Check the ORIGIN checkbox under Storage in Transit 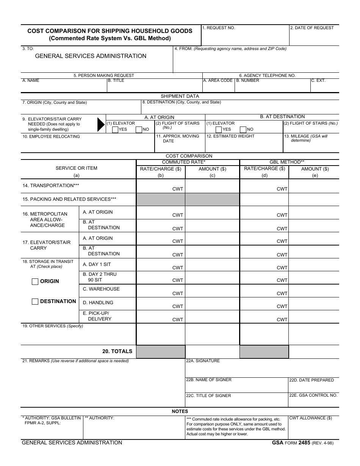point(35,281)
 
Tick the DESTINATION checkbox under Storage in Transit point(35,302)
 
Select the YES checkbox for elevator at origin point(115,130)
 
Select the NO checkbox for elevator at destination point(243,130)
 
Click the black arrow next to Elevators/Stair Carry point(101,124)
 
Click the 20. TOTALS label point(117,351)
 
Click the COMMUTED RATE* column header point(184,162)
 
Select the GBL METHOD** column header point(287,162)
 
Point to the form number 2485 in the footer point(304,443)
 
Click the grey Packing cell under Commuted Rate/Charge point(161,199)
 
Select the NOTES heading point(180,411)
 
